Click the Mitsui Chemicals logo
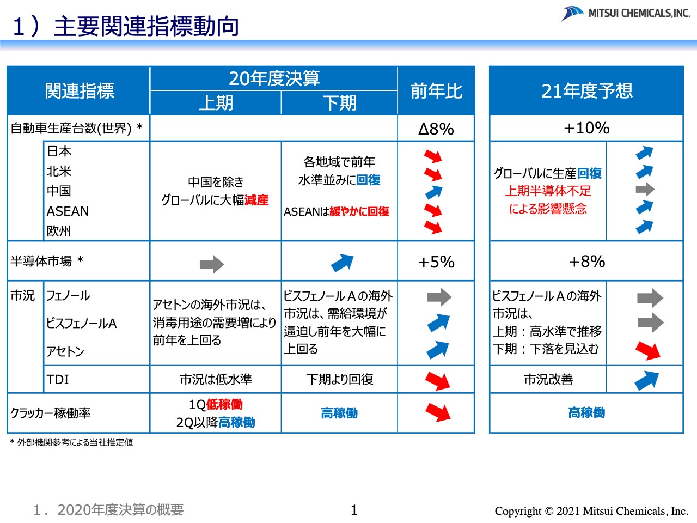(625, 13)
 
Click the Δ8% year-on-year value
(436, 129)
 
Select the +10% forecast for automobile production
(586, 128)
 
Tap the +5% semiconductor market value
(436, 262)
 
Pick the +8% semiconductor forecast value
(586, 261)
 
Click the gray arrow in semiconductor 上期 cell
(212, 264)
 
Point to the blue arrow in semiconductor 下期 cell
(343, 263)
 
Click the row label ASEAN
(68, 211)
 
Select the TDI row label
(58, 379)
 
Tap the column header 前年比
(436, 91)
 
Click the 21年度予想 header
(586, 91)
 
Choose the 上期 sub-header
(216, 103)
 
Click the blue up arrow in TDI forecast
(646, 380)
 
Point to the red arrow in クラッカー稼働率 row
(438, 412)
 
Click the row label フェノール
(68, 296)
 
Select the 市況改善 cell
(548, 379)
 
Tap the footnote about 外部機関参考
(71, 442)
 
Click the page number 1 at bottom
(354, 510)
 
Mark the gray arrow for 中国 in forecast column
(645, 190)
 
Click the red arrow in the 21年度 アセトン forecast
(647, 350)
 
